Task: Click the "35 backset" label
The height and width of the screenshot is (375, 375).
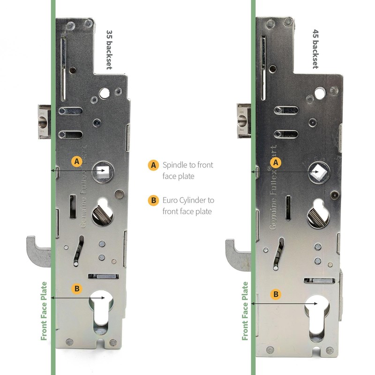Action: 109,49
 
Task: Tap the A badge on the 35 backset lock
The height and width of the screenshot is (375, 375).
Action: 77,161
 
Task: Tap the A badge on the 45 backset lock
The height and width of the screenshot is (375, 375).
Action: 277,162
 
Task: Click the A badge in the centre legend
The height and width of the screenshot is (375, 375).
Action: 152,165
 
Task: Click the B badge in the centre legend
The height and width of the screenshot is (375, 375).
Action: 152,200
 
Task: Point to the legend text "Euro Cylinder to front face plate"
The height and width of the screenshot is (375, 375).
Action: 188,206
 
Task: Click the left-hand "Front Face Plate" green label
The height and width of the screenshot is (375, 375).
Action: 44,311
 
